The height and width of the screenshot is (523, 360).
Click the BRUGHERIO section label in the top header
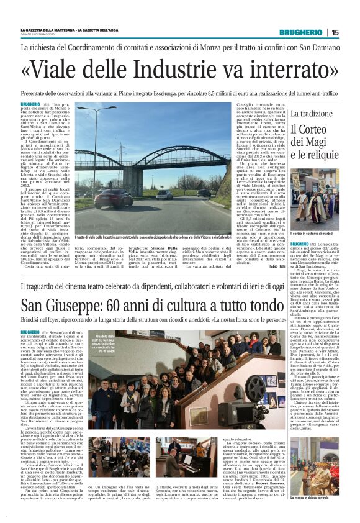(300, 32)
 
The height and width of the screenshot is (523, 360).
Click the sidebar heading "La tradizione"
(315, 114)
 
